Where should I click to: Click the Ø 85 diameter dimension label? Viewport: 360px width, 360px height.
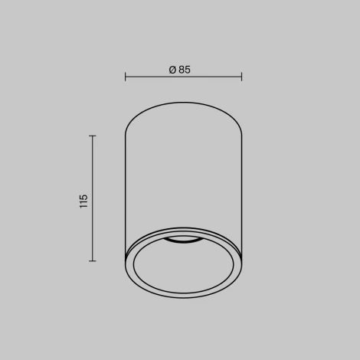180,70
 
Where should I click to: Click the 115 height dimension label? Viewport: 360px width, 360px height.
83,201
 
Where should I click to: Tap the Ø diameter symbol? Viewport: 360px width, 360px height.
172,70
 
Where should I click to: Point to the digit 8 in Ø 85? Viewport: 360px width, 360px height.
182,70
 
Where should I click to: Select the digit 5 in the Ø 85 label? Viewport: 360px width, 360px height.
188,70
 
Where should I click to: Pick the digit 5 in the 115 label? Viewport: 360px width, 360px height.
83,197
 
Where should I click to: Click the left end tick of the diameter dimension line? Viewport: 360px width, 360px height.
125,77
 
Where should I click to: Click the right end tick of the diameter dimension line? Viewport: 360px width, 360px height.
241,77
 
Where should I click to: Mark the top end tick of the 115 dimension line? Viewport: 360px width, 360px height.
93,136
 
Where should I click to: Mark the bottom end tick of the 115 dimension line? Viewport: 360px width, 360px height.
93,261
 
